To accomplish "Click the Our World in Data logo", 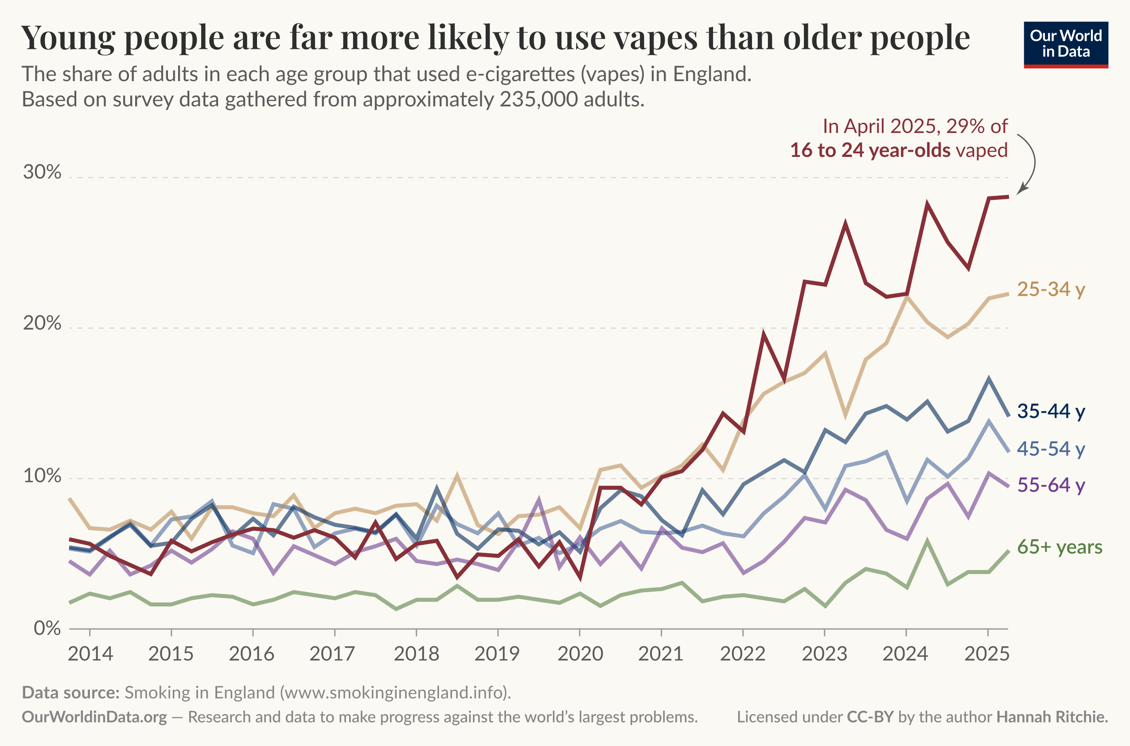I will tap(1065, 44).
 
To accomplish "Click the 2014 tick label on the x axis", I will tap(90, 654).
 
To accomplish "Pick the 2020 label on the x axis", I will tap(580, 654).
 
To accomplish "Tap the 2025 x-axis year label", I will tap(987, 654).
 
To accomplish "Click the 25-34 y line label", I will tap(1051, 289).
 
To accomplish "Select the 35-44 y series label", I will tap(1051, 411).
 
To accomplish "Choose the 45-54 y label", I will tap(1051, 449).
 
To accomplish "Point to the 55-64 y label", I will tap(1051, 485).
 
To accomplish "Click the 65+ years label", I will tap(1060, 547).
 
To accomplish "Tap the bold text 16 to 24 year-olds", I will tap(870, 150).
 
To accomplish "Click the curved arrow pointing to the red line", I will tap(1032, 162).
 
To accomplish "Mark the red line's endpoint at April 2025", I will tap(1008, 196).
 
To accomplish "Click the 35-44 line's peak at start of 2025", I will tap(988, 379).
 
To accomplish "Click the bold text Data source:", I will tap(70, 692).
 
